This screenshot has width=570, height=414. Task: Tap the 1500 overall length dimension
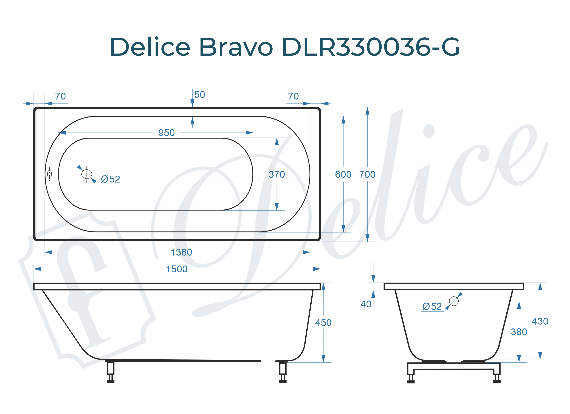177,269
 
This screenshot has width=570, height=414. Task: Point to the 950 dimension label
166,133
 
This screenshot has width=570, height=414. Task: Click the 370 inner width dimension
277,175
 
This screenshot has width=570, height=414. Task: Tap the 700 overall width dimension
367,175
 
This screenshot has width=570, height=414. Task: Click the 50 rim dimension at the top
199,95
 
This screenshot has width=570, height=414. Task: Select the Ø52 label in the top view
111,179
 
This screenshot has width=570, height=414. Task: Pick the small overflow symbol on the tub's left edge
50,174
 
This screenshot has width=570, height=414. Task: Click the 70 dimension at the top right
293,96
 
